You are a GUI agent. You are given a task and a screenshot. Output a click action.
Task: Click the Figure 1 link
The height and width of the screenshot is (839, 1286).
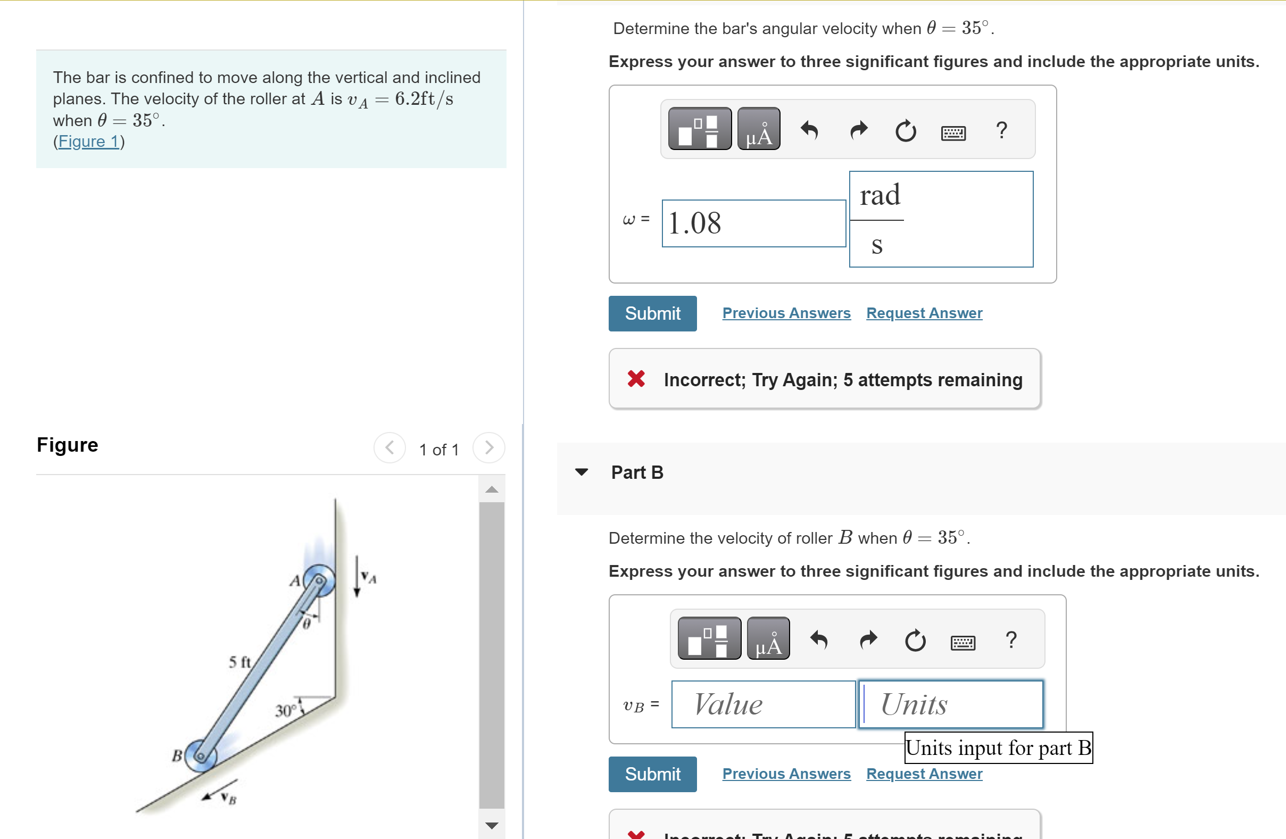[x=89, y=142]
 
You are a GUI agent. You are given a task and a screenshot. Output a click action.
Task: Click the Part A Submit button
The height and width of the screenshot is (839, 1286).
[x=652, y=313]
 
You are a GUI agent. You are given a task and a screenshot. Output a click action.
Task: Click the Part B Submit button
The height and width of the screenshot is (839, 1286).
[x=652, y=774]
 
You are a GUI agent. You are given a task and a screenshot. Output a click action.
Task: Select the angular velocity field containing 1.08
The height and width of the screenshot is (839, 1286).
[x=753, y=223]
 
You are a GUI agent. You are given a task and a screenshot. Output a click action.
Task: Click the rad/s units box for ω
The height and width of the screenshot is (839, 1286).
[x=940, y=219]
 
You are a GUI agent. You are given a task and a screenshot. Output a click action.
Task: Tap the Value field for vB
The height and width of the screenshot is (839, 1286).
[x=762, y=704]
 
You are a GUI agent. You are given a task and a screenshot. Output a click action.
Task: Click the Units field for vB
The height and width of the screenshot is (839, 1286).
[x=950, y=704]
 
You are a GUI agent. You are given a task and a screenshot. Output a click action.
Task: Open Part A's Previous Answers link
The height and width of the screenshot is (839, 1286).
[x=786, y=313]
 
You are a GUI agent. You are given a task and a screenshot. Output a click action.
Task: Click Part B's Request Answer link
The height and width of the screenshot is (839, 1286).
[x=924, y=774]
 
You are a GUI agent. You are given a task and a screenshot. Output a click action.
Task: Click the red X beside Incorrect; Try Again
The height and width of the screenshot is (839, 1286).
[x=636, y=379]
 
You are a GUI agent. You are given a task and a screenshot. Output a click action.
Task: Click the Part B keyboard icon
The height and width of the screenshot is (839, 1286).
[x=963, y=642]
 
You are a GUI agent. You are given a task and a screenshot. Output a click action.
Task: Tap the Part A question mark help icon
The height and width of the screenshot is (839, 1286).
[x=1001, y=130]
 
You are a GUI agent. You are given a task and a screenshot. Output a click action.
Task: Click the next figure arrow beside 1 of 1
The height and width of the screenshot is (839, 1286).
[x=488, y=447]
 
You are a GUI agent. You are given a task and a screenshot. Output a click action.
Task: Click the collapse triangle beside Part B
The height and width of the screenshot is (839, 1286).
[x=581, y=472]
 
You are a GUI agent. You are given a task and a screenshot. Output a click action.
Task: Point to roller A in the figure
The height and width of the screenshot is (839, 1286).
[x=319, y=581]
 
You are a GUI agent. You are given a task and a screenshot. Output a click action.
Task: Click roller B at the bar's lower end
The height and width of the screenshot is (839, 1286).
[x=201, y=755]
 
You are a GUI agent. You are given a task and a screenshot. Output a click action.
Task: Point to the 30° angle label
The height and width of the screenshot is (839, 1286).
[x=286, y=710]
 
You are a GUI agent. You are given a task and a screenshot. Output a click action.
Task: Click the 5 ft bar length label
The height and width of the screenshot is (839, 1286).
[x=239, y=662]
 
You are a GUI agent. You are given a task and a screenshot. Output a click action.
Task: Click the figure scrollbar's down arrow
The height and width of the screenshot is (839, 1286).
[x=491, y=825]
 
